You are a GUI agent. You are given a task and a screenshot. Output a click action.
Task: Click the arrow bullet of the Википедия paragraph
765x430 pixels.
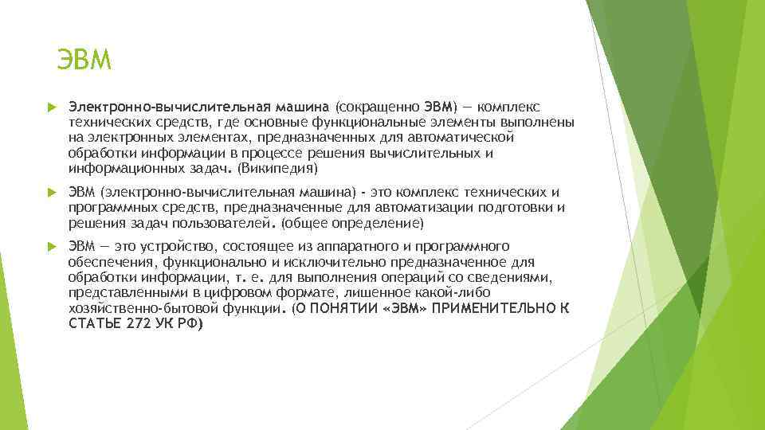pos(49,107)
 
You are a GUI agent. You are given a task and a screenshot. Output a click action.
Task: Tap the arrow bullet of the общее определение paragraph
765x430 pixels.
pos(49,193)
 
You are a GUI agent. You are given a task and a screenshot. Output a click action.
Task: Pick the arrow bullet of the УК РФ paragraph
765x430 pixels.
pos(49,247)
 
